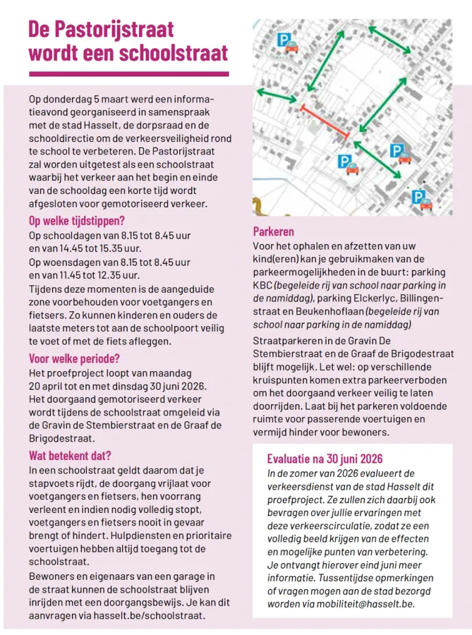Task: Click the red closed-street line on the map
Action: (325, 121)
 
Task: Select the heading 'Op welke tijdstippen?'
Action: (76, 220)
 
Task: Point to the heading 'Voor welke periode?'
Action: (74, 358)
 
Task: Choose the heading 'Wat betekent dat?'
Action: (70, 455)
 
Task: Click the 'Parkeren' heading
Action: (274, 231)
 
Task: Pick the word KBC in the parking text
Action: (263, 285)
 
